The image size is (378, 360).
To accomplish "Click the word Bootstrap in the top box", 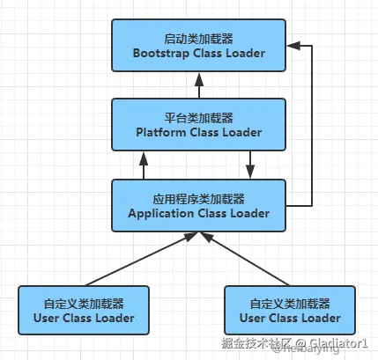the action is [161, 54].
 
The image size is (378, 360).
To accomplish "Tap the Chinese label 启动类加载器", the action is [198, 39].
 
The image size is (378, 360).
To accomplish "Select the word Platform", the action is [161, 132].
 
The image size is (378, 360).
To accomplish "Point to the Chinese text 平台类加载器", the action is [198, 118].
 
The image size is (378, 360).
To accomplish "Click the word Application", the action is [161, 214].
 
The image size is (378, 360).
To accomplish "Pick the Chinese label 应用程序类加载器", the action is [198, 199].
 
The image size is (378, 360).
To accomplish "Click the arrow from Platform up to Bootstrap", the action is [199, 85].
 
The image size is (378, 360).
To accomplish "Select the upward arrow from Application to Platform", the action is [144, 165].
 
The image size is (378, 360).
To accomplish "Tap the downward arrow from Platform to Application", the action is [250, 165].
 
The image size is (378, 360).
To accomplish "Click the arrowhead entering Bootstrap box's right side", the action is [293, 46].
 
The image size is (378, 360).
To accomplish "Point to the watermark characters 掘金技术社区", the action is [257, 343].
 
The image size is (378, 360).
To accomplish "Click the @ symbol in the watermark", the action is [300, 343].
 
